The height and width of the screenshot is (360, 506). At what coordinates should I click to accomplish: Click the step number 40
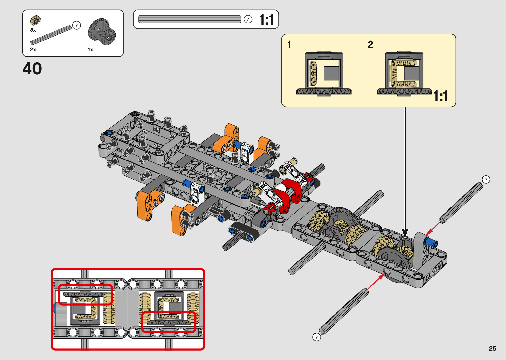32,69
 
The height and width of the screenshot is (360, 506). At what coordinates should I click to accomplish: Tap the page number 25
492,348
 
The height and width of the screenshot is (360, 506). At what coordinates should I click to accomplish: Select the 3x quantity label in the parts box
33,30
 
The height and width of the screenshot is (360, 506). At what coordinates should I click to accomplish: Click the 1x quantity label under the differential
90,50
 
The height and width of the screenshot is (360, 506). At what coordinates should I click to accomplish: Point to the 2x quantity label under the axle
33,50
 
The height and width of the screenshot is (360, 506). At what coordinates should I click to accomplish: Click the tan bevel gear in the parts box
35,20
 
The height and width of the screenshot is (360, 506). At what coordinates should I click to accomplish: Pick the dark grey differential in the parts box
102,32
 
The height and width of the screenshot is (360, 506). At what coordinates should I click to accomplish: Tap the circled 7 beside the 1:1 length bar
248,20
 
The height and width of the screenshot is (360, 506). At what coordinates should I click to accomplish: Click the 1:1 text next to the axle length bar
266,20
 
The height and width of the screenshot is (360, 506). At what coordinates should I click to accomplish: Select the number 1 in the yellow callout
289,44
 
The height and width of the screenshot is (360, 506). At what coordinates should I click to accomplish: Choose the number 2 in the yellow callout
370,44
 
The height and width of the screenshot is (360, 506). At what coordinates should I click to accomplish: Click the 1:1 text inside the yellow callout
441,96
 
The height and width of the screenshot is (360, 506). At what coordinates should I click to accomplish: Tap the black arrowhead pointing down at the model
405,233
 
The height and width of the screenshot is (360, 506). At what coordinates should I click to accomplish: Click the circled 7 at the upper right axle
486,180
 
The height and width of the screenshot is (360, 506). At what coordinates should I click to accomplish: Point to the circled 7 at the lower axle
317,337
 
